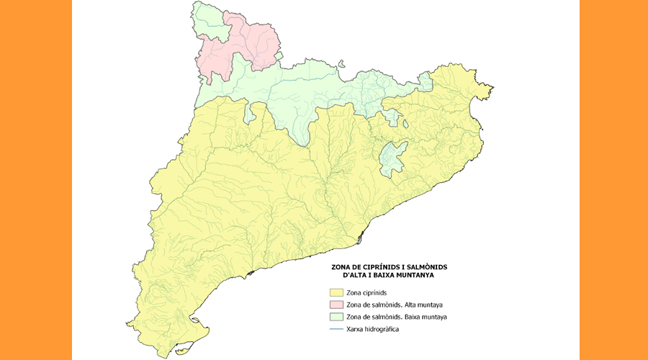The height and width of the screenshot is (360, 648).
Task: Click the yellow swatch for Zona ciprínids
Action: coord(336,293)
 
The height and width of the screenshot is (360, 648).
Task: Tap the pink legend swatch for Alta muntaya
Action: coord(336,305)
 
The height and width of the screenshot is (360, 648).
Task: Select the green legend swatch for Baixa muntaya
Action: coord(336,317)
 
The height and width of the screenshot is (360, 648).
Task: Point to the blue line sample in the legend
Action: coord(336,328)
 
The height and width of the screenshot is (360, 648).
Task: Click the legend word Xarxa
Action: coord(357,328)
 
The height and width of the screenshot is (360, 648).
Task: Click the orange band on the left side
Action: coord(36,180)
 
